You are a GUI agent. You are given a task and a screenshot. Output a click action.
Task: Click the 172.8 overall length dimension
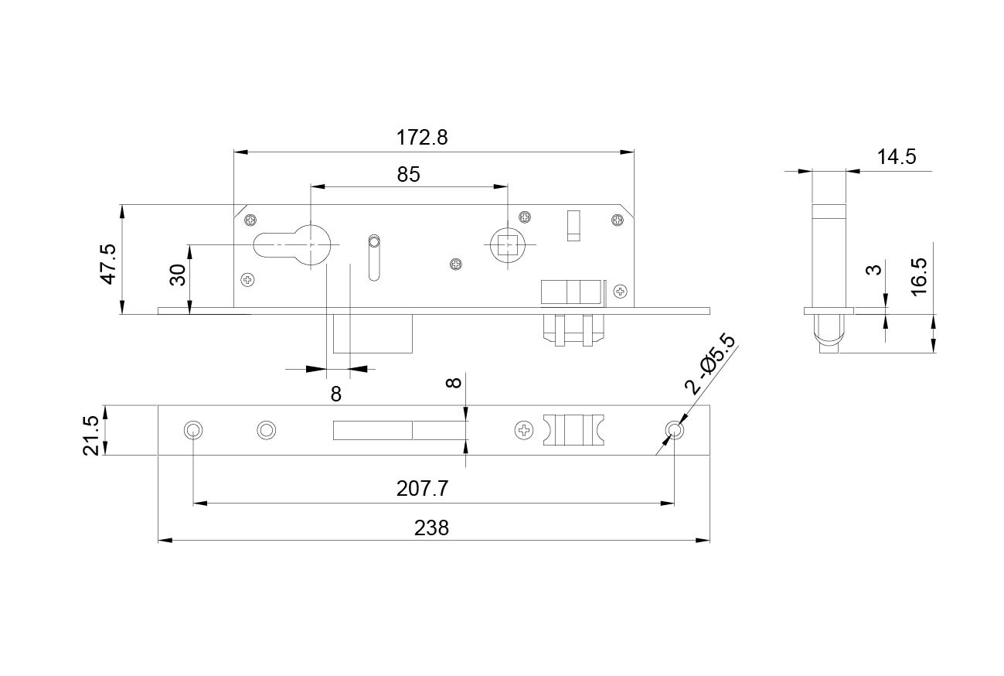pos(422,138)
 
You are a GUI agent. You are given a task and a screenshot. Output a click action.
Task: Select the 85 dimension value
pos(408,175)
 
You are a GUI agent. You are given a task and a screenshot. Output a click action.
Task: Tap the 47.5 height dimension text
pos(109,265)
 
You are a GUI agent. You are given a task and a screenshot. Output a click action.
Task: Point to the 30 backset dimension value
pos(178,275)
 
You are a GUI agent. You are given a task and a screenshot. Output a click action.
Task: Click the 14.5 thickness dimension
pos(897,157)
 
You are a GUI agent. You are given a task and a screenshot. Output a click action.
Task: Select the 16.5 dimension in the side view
pos(919,276)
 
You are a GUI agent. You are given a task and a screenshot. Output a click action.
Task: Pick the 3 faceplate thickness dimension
pos(874,270)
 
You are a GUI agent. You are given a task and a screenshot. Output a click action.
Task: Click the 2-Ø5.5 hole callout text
pos(710,365)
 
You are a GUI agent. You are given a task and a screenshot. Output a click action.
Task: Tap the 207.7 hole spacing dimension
pos(422,489)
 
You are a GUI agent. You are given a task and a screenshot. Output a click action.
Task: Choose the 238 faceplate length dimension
pos(431,528)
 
